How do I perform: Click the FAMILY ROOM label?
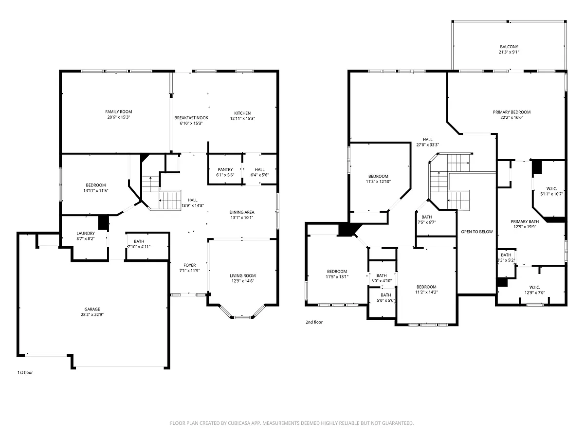[x=118, y=112]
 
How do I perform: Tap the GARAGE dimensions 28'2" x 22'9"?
[x=92, y=314]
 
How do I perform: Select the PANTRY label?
[x=225, y=169]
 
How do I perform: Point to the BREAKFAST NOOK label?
[x=191, y=118]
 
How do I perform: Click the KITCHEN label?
[x=242, y=113]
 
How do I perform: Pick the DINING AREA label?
[x=242, y=212]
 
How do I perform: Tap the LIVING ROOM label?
[x=243, y=275]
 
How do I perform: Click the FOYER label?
[x=189, y=265]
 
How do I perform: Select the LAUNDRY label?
[x=85, y=233]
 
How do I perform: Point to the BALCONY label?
[x=509, y=47]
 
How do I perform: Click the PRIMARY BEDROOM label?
[x=511, y=112]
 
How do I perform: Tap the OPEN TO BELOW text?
[x=477, y=232]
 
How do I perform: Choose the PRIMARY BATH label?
[x=525, y=221]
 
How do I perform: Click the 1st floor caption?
[x=25, y=373]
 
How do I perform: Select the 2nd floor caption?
[x=314, y=322]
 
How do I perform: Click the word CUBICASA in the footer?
[x=239, y=423]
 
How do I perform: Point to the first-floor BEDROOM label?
[x=95, y=185]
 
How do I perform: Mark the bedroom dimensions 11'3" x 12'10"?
[x=378, y=182]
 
